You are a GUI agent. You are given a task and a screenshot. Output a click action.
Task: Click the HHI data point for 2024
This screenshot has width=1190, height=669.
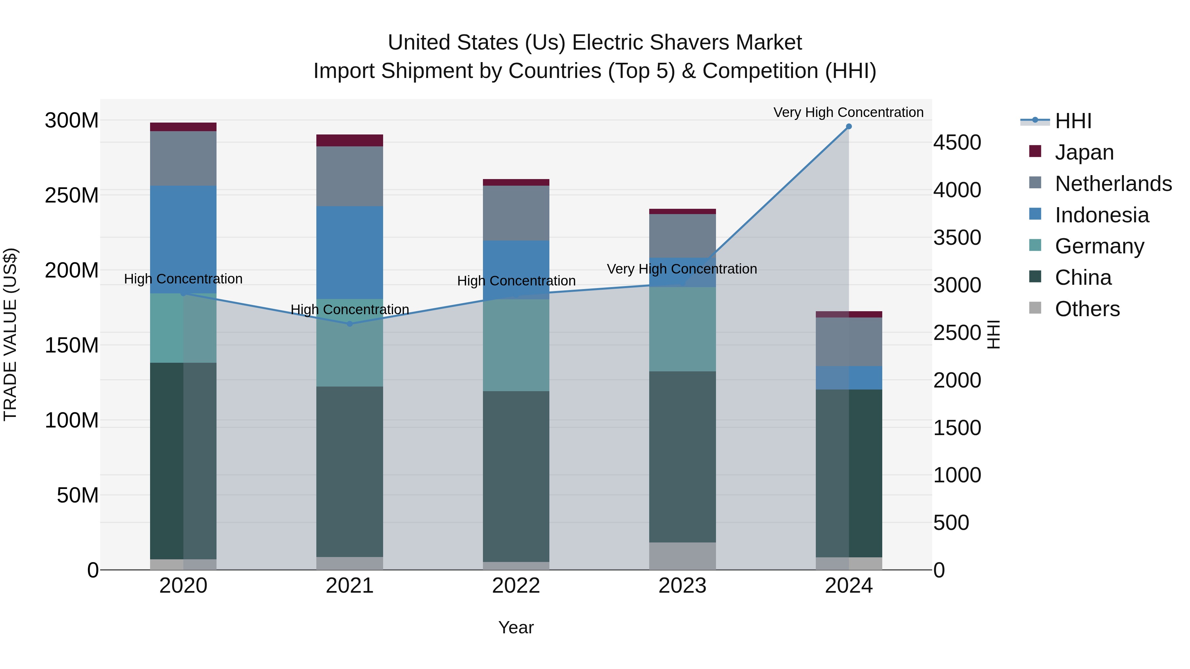[x=849, y=127]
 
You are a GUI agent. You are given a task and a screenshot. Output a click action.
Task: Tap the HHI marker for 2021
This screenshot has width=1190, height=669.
[x=350, y=324]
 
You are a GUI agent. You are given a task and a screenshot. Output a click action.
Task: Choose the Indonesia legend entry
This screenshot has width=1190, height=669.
[x=1101, y=215]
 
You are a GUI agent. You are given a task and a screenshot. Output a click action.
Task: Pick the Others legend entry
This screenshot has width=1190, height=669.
[x=1087, y=309]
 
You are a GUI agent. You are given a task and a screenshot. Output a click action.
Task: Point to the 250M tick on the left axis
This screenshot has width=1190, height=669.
[x=72, y=195]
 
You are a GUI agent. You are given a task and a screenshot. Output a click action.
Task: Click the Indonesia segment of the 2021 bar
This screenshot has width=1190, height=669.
[x=350, y=252]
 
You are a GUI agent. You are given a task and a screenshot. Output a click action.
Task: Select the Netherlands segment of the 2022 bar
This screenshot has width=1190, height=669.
[x=516, y=213]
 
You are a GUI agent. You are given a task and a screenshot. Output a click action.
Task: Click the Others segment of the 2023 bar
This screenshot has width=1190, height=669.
[x=682, y=556]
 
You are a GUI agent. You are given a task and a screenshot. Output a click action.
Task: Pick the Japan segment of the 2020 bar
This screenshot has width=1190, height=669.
[x=183, y=127]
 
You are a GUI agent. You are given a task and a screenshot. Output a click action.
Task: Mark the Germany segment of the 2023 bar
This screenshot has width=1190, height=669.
[x=682, y=329]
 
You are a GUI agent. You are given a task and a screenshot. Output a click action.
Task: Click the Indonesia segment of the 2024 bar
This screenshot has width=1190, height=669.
[x=849, y=378]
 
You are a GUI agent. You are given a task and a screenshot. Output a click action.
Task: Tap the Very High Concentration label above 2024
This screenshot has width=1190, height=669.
[x=848, y=112]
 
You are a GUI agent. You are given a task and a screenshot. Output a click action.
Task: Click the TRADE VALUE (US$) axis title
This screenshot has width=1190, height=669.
[x=11, y=334]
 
